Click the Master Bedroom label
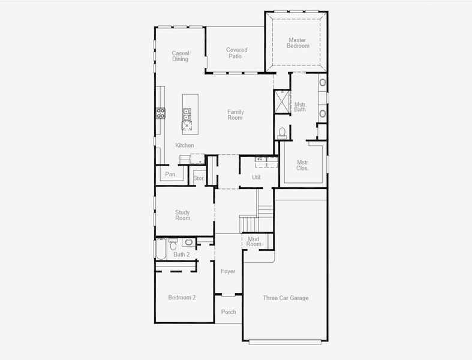pos(297,43)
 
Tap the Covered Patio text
pos(236,53)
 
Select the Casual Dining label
pos(180,56)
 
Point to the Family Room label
pos(235,115)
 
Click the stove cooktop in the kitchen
pos(161,113)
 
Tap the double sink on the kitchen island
pos(187,114)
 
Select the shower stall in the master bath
pos(282,101)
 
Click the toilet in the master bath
pos(282,132)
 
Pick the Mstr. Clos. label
pos(303,165)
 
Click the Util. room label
pos(257,178)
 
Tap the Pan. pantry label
pos(171,175)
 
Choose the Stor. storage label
pos(199,178)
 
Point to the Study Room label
pos(182,215)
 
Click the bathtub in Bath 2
pos(161,248)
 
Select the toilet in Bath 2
pos(173,244)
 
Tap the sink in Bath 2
pos(188,242)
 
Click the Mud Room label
pos(254,241)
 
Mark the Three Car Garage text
pos(285,298)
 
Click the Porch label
pos(229,312)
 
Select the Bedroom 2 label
pos(182,298)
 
